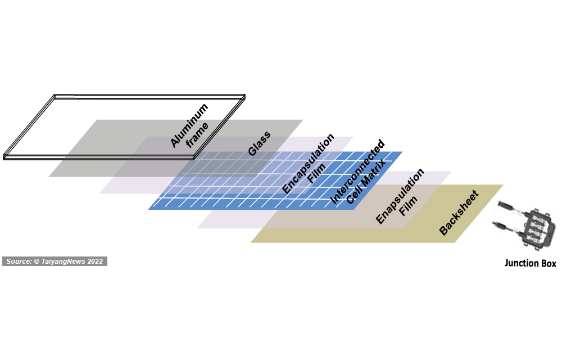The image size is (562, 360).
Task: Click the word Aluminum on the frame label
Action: [189, 125]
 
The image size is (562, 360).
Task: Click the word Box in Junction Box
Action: [549, 263]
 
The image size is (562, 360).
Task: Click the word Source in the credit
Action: [20, 262]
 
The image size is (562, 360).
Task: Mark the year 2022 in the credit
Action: [95, 262]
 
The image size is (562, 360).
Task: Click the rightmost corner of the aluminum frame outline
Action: [245, 97]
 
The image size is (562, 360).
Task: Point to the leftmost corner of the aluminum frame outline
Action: [4, 156]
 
